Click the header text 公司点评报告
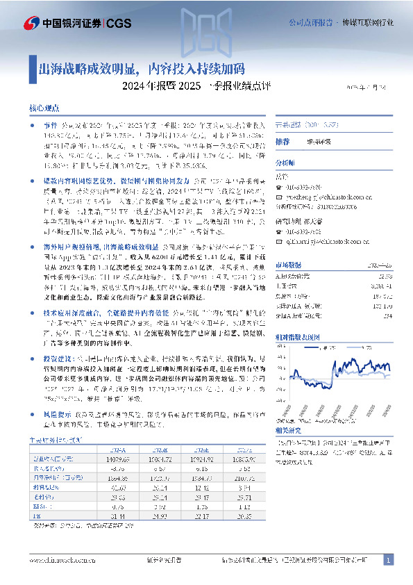pyautogui.click(x=310, y=22)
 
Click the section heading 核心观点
pyautogui.click(x=44, y=109)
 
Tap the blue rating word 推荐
pyautogui.click(x=283, y=141)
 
